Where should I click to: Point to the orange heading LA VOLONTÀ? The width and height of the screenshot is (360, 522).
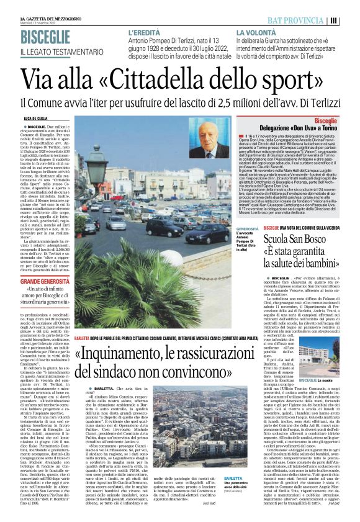pyautogui.click(x=254, y=32)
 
